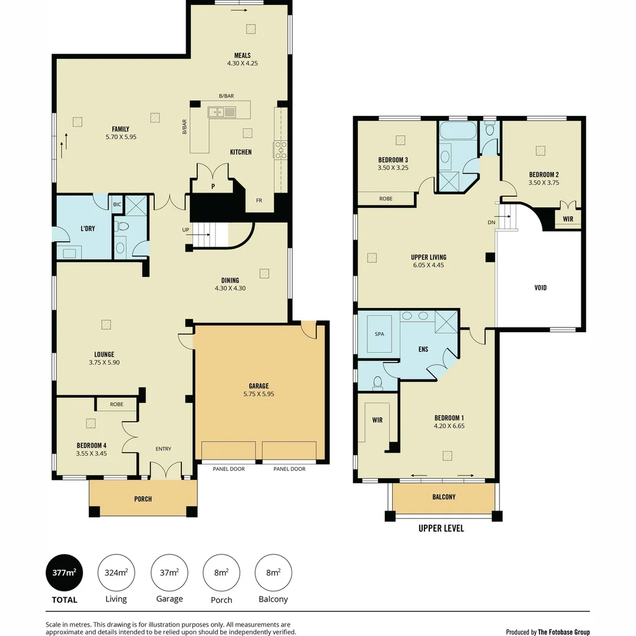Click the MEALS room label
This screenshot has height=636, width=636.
tap(243, 56)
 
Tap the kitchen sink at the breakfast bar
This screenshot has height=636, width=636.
tap(221, 111)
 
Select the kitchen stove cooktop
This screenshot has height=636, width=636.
tap(280, 150)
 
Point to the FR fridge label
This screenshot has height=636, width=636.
tap(259, 201)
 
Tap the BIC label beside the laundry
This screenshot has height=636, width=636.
tap(117, 204)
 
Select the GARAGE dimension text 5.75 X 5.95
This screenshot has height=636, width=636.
tap(259, 394)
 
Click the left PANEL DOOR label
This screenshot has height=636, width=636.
tap(229, 469)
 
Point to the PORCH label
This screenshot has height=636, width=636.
tap(143, 499)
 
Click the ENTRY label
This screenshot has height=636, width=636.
tap(163, 449)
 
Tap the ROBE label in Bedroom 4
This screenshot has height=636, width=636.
tap(117, 405)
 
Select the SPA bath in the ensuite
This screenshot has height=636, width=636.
tap(379, 334)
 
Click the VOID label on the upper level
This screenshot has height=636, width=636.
tap(540, 288)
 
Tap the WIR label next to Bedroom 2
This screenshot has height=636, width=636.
tap(568, 218)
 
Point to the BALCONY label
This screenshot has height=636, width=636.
tap(443, 497)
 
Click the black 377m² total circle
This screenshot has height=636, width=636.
tap(64, 572)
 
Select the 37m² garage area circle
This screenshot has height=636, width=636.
tap(170, 572)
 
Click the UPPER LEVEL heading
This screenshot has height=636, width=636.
tap(441, 528)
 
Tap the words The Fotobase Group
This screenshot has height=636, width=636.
tap(564, 632)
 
